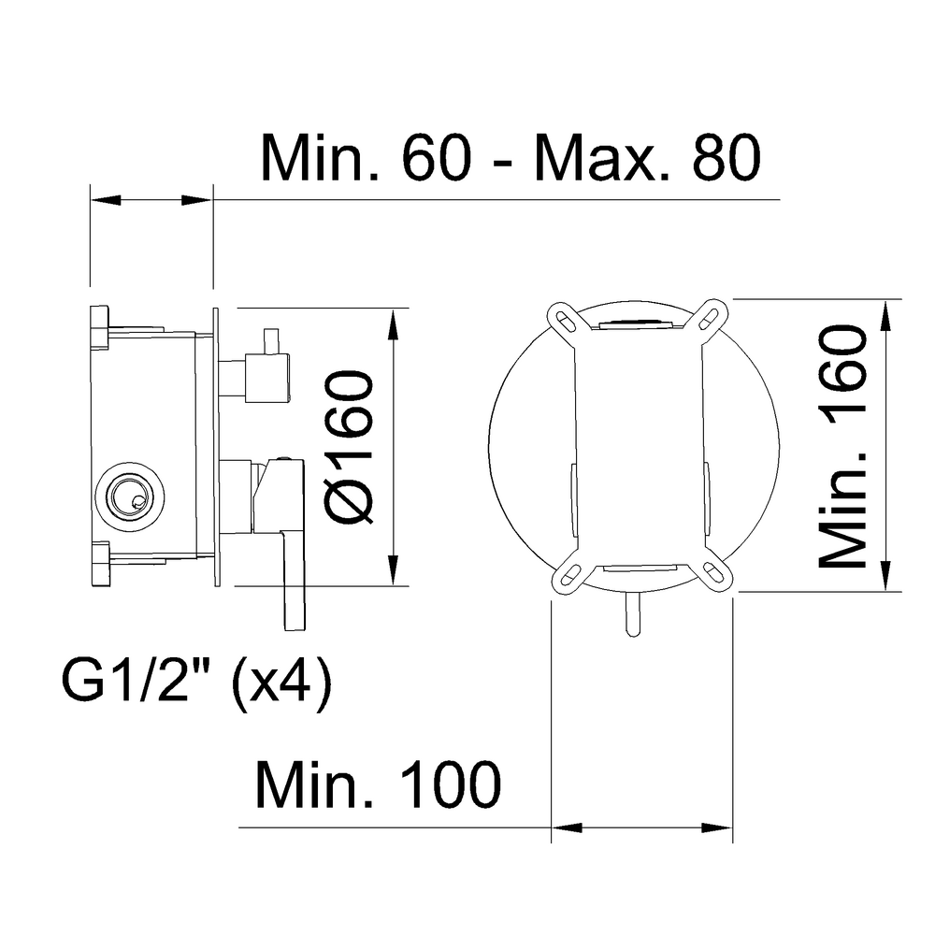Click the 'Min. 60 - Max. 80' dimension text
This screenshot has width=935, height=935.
(510, 158)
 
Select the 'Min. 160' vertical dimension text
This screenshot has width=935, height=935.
(841, 446)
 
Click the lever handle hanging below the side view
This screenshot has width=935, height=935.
(293, 580)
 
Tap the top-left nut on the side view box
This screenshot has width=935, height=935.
(99, 327)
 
